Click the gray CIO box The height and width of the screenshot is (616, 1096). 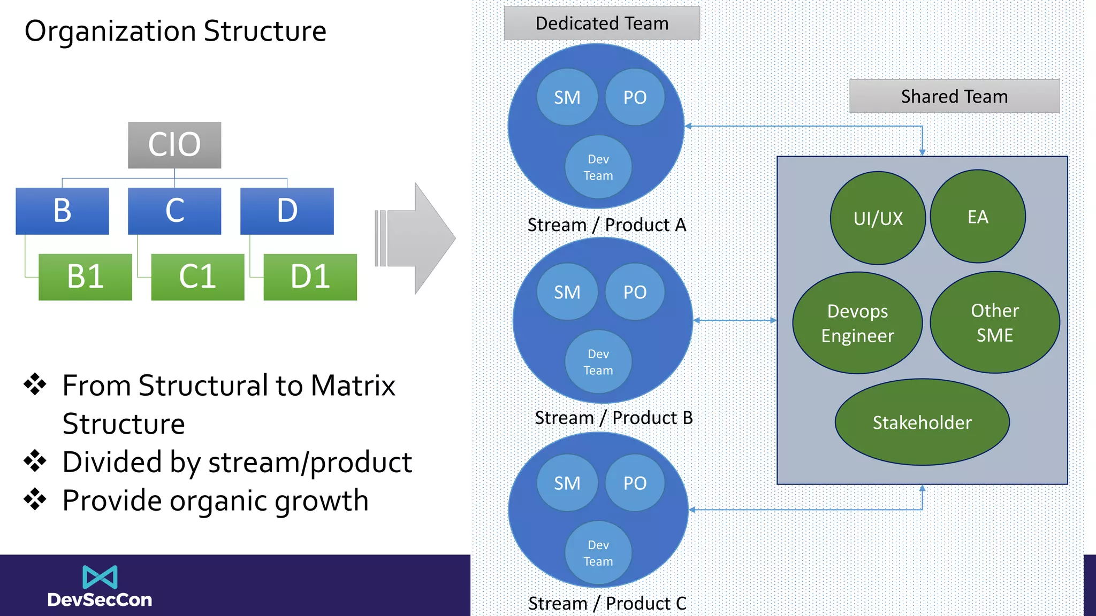[174, 145]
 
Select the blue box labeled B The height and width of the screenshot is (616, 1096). [62, 211]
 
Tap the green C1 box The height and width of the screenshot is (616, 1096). [197, 276]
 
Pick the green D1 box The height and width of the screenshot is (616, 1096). [310, 276]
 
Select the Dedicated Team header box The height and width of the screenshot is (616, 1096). [602, 24]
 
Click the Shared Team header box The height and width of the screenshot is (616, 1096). [954, 96]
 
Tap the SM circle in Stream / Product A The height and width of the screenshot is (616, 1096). [567, 97]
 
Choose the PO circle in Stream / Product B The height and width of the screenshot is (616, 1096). [635, 292]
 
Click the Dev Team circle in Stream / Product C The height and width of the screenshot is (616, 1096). [598, 553]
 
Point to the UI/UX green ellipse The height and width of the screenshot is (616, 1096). [878, 218]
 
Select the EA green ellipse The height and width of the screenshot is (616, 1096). [978, 217]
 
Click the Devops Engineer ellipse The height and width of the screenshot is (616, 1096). [857, 323]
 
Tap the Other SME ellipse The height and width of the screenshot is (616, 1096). [995, 322]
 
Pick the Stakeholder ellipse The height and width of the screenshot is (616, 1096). [922, 422]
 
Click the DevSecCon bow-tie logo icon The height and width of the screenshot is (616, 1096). [100, 577]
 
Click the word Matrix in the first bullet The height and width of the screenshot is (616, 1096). [353, 386]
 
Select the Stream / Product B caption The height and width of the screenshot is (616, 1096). [613, 418]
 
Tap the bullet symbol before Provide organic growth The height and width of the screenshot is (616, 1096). [35, 499]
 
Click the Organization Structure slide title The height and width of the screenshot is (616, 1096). [176, 31]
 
